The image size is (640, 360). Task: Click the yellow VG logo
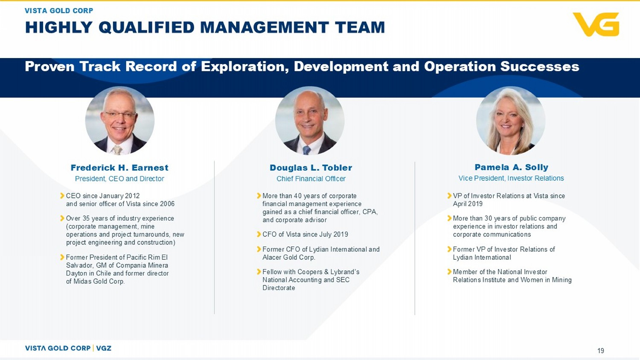point(596,24)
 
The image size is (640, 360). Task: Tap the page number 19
point(601,351)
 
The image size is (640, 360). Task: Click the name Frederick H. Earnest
point(119,168)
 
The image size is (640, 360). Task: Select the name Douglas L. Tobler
point(311,168)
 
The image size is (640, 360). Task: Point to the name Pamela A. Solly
point(511,167)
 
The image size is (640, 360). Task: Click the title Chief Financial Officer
point(311,179)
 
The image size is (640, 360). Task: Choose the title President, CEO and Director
point(119,179)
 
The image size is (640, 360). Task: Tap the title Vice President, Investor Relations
point(511,178)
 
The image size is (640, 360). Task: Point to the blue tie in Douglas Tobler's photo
point(307,150)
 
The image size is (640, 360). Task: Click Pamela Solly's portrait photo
point(511,120)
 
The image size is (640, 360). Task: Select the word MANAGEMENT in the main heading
point(265,27)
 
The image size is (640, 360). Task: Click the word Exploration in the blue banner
point(244,67)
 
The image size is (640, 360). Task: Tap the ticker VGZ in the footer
point(104,348)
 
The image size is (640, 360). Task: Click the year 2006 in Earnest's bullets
point(167,204)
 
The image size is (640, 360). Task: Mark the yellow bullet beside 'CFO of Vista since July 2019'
point(259,234)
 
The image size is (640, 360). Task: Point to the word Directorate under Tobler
point(279,288)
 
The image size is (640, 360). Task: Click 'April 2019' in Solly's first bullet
point(468,204)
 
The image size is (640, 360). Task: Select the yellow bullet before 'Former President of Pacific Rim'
point(62,257)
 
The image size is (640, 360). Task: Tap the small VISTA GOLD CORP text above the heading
point(59,11)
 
